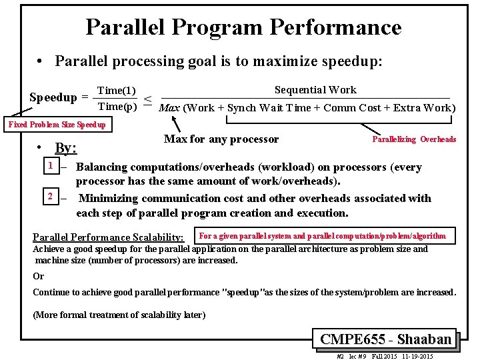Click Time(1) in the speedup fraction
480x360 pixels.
117,91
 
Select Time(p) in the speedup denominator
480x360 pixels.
117,106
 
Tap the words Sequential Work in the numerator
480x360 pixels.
315,90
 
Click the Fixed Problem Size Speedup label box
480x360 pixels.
57,125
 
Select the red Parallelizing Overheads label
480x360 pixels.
414,139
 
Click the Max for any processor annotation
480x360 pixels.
221,139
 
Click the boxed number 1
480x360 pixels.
50,165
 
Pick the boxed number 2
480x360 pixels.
50,196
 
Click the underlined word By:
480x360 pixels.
66,148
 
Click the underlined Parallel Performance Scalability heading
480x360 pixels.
109,237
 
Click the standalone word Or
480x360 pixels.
39,276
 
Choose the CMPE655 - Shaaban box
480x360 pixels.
385,339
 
